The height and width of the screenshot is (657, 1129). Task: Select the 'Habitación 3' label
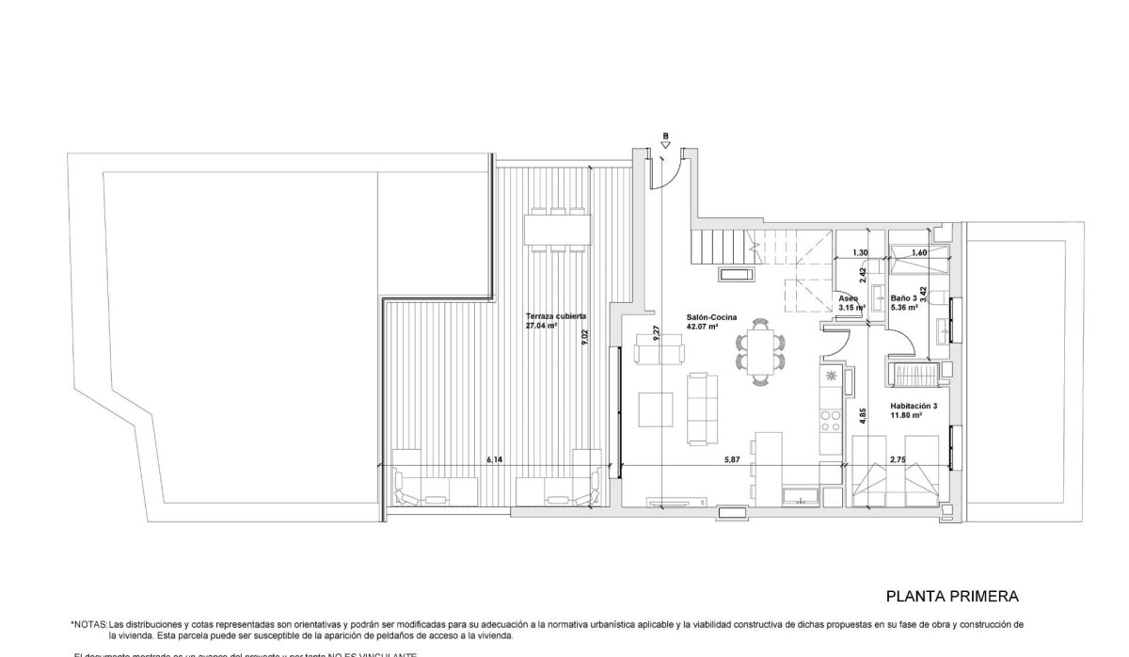pyautogui.click(x=914, y=406)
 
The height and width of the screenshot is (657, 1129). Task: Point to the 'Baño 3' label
pyautogui.click(x=903, y=298)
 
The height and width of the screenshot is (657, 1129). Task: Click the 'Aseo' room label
pyautogui.click(x=848, y=298)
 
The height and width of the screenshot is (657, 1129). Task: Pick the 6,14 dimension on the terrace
pyautogui.click(x=495, y=459)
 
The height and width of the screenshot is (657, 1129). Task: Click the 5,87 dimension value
pyautogui.click(x=734, y=459)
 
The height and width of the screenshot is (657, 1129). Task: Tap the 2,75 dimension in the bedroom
pyautogui.click(x=898, y=459)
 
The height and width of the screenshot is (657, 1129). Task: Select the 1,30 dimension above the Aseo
pyautogui.click(x=860, y=252)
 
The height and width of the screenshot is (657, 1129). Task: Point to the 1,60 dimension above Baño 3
pyautogui.click(x=919, y=252)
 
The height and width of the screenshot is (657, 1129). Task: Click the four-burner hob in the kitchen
pyautogui.click(x=832, y=419)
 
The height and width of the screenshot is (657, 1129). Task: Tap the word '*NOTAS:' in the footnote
pyautogui.click(x=88, y=624)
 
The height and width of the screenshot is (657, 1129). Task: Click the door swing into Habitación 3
pyautogui.click(x=896, y=337)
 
